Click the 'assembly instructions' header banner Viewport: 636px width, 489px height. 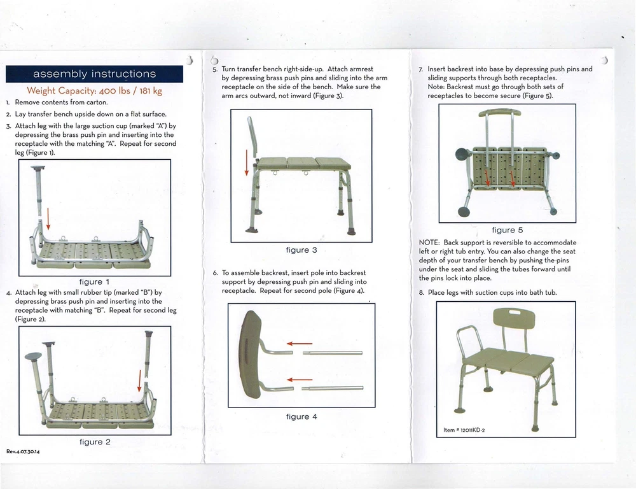pyautogui.click(x=94, y=74)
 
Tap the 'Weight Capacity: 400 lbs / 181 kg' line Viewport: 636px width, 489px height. pyautogui.click(x=94, y=91)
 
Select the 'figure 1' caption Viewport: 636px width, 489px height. pyautogui.click(x=94, y=281)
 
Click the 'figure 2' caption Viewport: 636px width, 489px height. pyautogui.click(x=94, y=442)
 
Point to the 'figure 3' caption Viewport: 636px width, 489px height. pyautogui.click(x=301, y=250)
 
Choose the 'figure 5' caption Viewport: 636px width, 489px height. pyautogui.click(x=508, y=230)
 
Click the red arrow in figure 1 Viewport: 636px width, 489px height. pyautogui.click(x=48, y=220)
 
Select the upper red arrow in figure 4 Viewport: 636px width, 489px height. pyautogui.click(x=298, y=344)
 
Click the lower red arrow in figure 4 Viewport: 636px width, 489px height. pyautogui.click(x=298, y=380)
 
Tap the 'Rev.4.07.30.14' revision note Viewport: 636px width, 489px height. pyautogui.click(x=23, y=452)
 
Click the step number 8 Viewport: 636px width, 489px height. pyautogui.click(x=421, y=292)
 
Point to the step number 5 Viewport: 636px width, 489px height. pyautogui.click(x=215, y=68)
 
